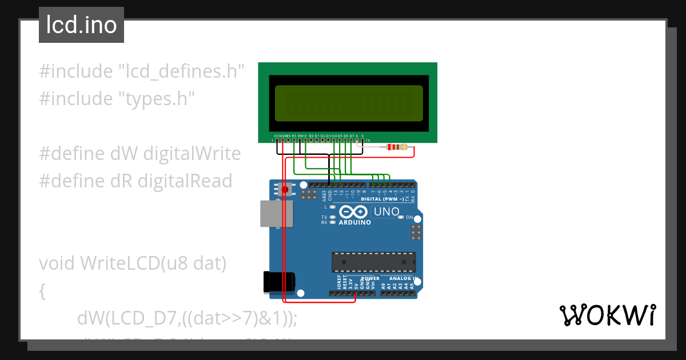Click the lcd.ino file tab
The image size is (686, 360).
coord(81,25)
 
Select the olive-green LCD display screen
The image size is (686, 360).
coord(348,103)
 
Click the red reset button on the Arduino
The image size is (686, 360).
coord(285,189)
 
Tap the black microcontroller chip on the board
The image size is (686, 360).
coord(374,262)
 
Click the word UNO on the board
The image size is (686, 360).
coord(386,212)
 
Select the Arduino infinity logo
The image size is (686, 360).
coord(354,211)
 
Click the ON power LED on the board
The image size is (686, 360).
coord(401,218)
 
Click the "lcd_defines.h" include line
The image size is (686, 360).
coord(142,71)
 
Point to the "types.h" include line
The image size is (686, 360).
coord(117,98)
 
